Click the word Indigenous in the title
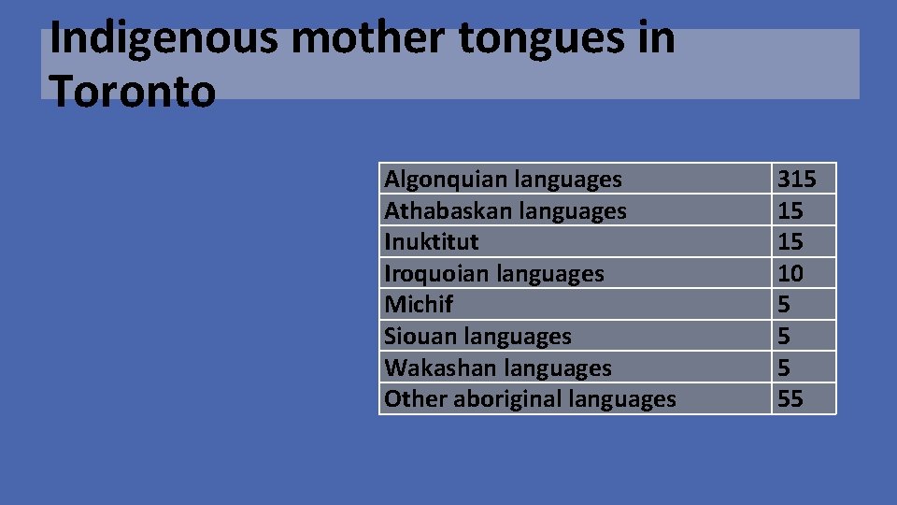click(x=164, y=39)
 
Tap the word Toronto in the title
click(x=133, y=92)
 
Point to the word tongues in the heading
click(x=530, y=39)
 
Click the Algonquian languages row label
click(x=503, y=179)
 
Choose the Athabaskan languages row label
click(x=505, y=210)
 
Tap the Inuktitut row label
click(x=432, y=242)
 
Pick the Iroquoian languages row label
click(x=494, y=274)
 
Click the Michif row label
click(x=419, y=305)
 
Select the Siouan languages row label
click(x=477, y=337)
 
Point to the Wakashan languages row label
click(x=498, y=368)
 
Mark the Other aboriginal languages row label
click(x=530, y=399)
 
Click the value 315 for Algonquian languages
click(x=796, y=179)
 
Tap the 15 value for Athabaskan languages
click(x=790, y=210)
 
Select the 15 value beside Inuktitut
click(x=790, y=242)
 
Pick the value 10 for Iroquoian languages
click(x=790, y=274)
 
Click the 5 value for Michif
click(x=784, y=305)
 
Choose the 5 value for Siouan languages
click(x=784, y=337)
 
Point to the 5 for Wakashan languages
click(x=784, y=368)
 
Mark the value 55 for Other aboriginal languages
click(x=790, y=399)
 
